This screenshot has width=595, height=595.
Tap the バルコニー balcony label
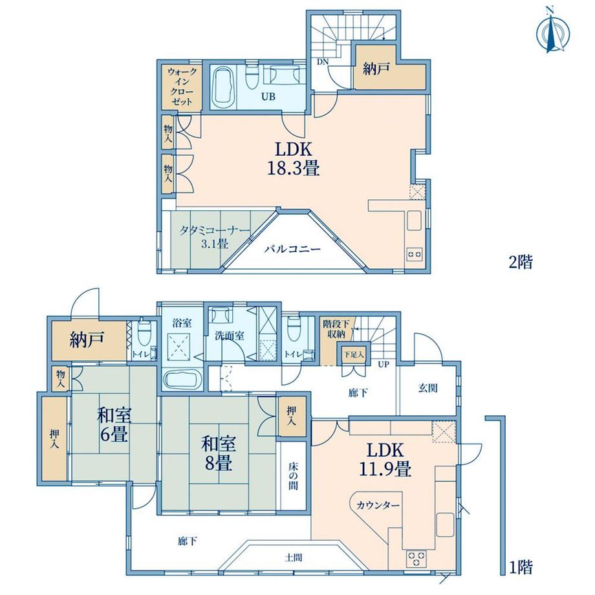pyautogui.click(x=293, y=249)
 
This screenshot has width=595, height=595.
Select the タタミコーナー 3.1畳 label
pyautogui.click(x=215, y=237)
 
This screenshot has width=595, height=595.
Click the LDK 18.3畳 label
pyautogui.click(x=294, y=158)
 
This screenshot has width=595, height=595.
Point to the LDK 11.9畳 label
pyautogui.click(x=385, y=460)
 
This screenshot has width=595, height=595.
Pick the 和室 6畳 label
pyautogui.click(x=114, y=424)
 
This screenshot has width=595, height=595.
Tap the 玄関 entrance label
pyautogui.click(x=428, y=388)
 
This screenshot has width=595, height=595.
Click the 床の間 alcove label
pyautogui.click(x=293, y=475)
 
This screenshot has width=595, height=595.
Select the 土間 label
pyautogui.click(x=294, y=557)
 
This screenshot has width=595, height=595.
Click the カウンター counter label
pyautogui.click(x=378, y=505)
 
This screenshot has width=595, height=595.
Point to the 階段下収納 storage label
pyautogui.click(x=334, y=329)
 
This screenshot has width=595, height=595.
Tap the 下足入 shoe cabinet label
pyautogui.click(x=354, y=355)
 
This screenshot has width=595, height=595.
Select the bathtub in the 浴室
pyautogui.click(x=183, y=379)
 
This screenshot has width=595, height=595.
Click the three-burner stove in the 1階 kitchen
pyautogui.click(x=416, y=558)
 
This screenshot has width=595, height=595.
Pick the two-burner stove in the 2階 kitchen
pyautogui.click(x=415, y=254)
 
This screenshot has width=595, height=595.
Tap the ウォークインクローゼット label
pyautogui.click(x=182, y=87)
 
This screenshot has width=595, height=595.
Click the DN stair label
pyautogui.click(x=323, y=61)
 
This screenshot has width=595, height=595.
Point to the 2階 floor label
pyautogui.click(x=521, y=262)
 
